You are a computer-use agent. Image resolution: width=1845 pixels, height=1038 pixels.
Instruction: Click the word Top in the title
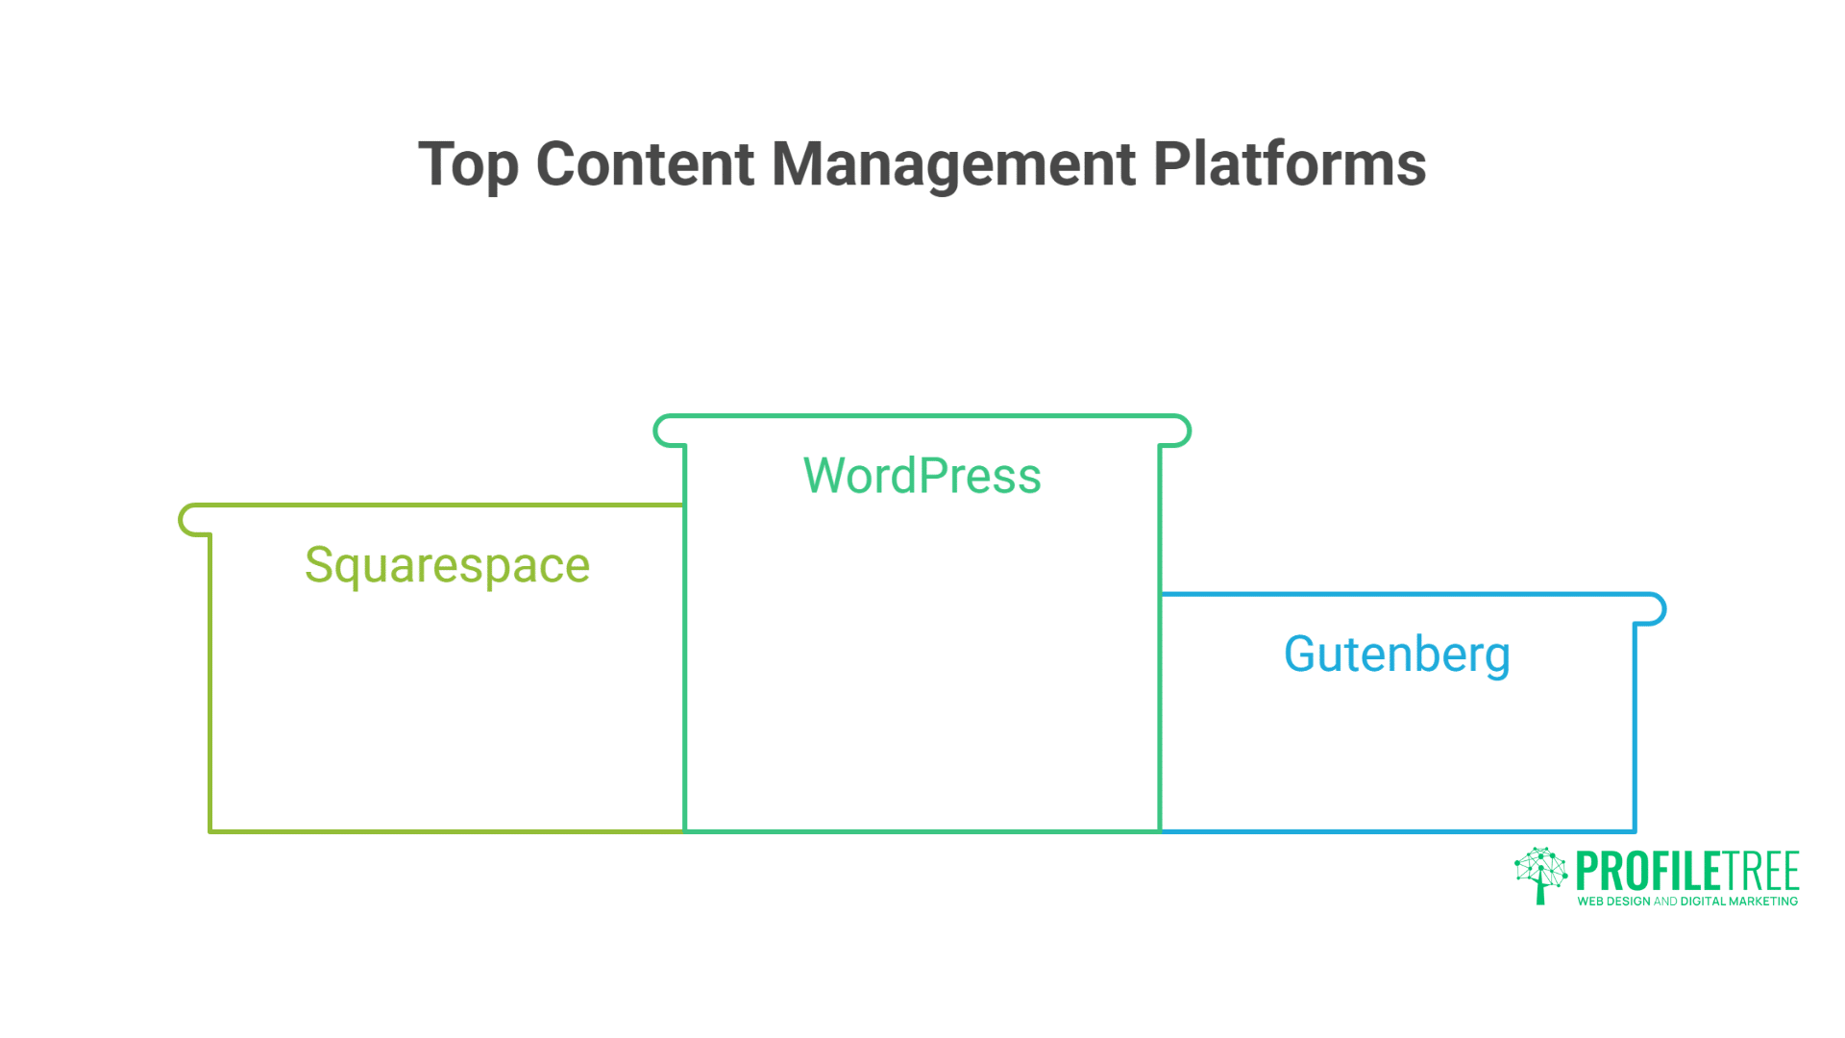coord(468,164)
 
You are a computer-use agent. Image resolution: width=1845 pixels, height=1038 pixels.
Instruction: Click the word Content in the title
coord(645,164)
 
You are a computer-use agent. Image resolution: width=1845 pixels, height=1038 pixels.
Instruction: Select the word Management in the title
coord(953,164)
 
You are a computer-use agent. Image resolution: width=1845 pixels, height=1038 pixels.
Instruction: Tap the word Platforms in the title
coord(1289,164)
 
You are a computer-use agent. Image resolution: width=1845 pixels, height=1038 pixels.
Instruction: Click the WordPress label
coord(922,476)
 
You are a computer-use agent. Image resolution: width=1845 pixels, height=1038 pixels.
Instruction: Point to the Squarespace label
coord(447,565)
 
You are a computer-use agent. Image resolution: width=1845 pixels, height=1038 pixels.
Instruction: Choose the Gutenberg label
coord(1396,655)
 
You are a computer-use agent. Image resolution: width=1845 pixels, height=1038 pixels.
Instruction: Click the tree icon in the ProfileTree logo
coord(1540,875)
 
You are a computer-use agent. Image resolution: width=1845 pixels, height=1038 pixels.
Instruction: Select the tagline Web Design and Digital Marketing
coord(1686,902)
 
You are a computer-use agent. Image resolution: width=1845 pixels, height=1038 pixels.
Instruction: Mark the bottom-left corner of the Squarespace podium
coord(210,830)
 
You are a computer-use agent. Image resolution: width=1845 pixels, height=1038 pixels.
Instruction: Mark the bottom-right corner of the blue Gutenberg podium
coord(1634,830)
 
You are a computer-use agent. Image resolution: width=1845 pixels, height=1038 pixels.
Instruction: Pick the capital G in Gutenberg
coord(1304,655)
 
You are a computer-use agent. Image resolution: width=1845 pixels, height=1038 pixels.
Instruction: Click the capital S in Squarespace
coord(319,565)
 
